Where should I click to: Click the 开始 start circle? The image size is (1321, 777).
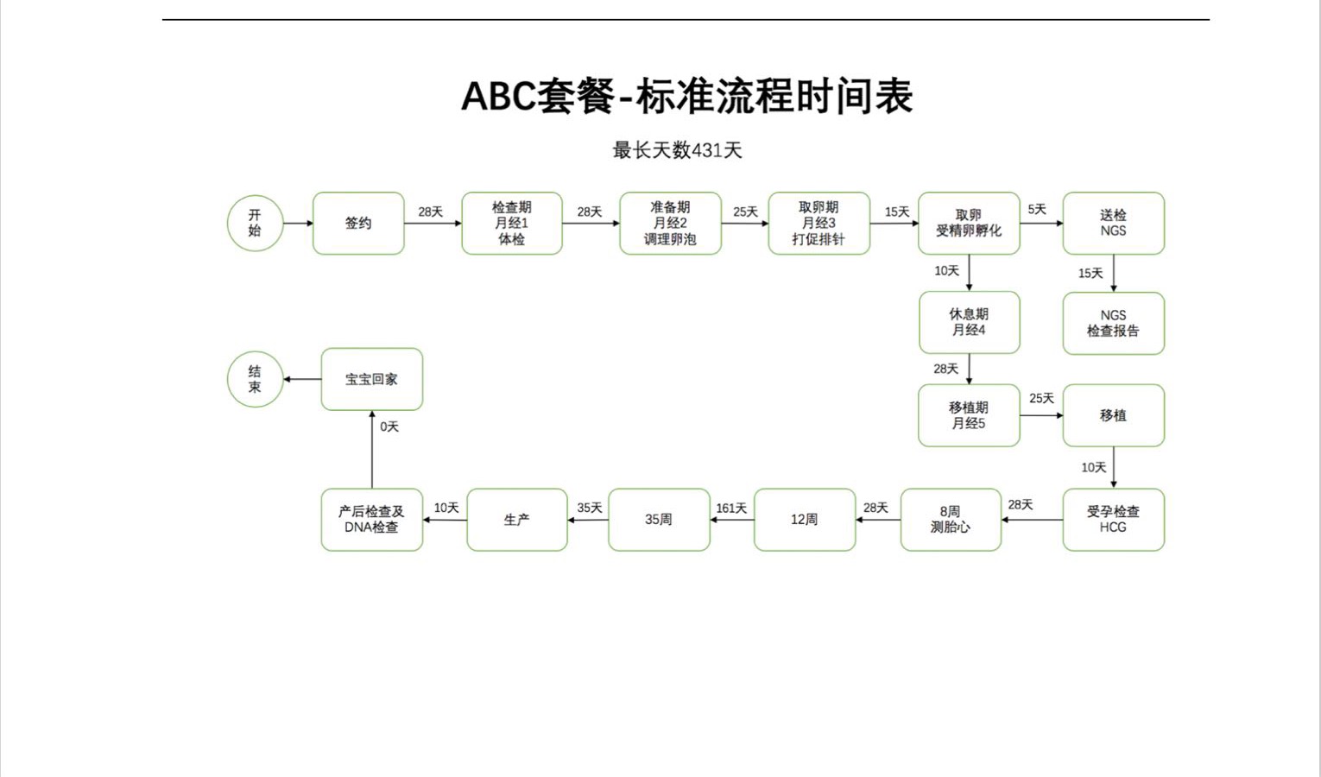click(255, 224)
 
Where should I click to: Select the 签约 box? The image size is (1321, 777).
click(358, 224)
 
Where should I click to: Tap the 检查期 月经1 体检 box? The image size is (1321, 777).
click(512, 224)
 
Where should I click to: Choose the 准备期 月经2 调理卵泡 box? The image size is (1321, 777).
click(670, 224)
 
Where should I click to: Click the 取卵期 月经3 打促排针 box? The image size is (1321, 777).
click(819, 224)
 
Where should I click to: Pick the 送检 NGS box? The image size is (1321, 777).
click(1113, 224)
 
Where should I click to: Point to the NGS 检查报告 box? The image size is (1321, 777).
click(1113, 324)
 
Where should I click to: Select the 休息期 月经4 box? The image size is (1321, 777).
click(969, 323)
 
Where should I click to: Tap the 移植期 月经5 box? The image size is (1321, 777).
click(969, 415)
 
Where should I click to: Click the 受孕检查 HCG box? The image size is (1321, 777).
click(1113, 520)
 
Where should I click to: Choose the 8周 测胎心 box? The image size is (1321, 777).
click(951, 520)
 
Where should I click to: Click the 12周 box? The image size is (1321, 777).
click(804, 520)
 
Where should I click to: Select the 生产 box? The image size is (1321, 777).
click(516, 520)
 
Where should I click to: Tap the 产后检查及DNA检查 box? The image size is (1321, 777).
click(372, 520)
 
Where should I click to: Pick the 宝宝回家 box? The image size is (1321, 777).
click(372, 379)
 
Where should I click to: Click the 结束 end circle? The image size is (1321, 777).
click(255, 379)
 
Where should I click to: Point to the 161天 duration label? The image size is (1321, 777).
click(731, 509)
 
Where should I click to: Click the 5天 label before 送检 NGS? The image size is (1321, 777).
click(1037, 210)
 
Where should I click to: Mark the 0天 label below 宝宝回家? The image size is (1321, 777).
click(389, 426)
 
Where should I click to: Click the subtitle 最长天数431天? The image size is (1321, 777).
click(677, 150)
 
